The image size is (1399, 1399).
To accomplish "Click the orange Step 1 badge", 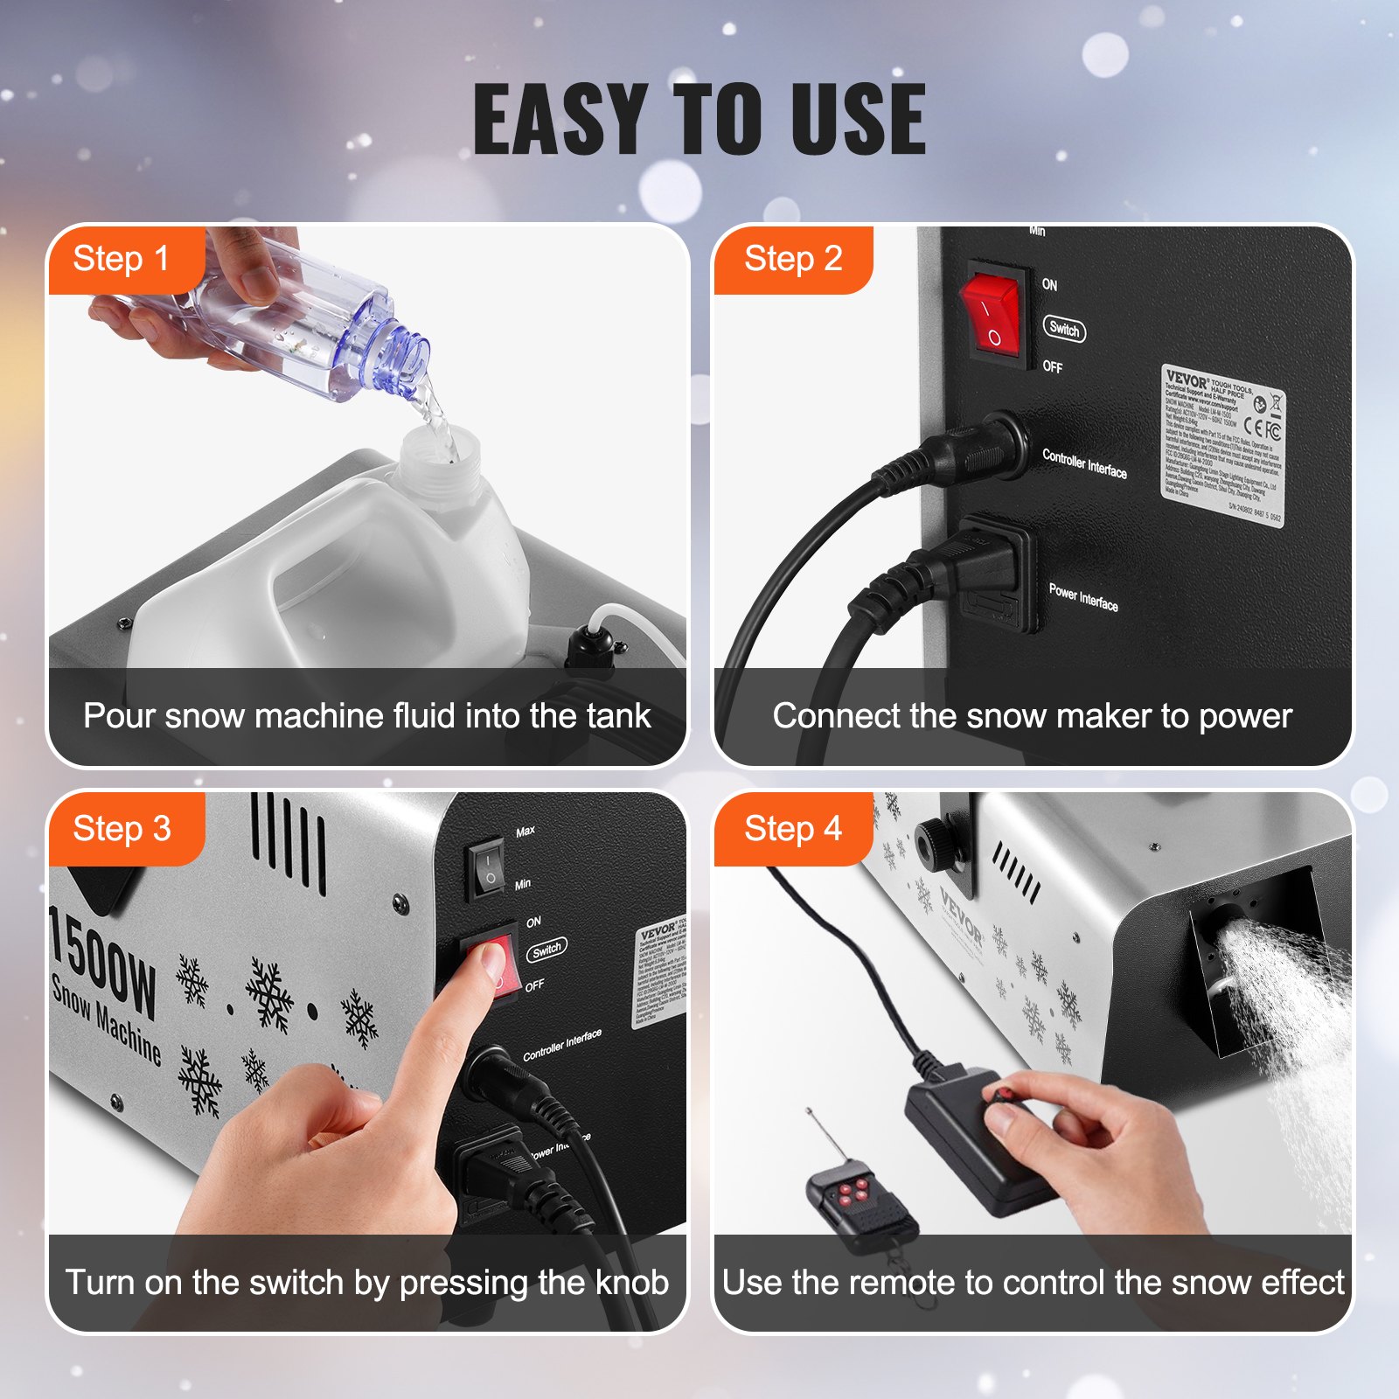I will [122, 260].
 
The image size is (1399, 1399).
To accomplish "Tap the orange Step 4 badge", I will [792, 829].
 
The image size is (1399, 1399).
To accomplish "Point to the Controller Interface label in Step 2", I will [1084, 463].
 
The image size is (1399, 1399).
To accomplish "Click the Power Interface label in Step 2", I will [1083, 597].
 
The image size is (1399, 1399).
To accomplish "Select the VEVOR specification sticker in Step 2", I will [1222, 446].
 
